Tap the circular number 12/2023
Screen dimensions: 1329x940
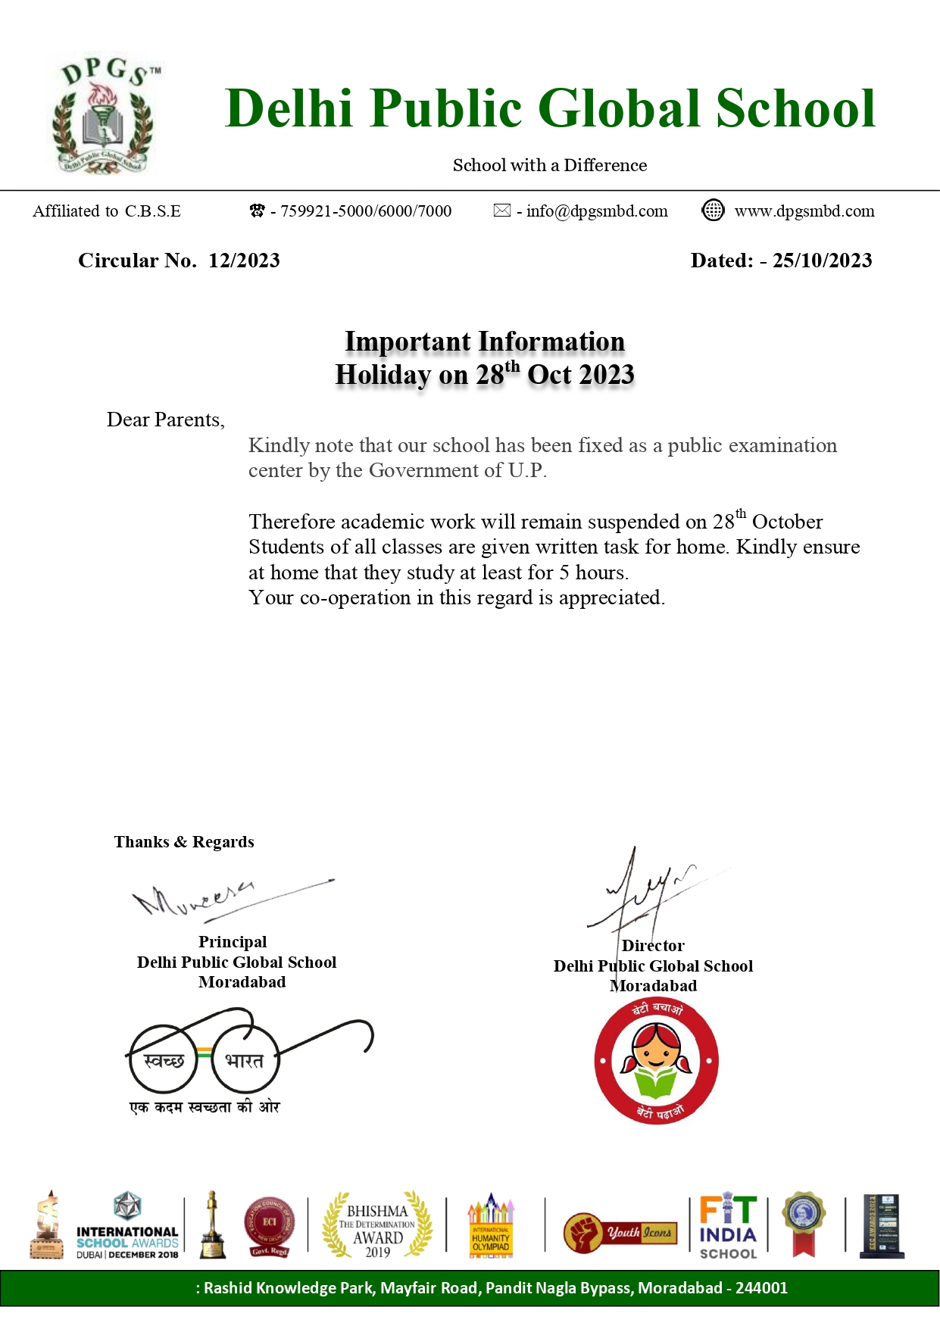pyautogui.click(x=244, y=260)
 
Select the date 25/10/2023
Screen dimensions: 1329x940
pyautogui.click(x=822, y=260)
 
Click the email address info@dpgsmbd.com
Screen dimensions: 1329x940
pyautogui.click(x=597, y=211)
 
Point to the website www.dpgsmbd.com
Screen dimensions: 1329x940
pyautogui.click(x=804, y=211)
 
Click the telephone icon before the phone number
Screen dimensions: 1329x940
pyautogui.click(x=258, y=211)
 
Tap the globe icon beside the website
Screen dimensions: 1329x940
pyautogui.click(x=713, y=211)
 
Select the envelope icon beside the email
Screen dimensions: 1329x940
pyautogui.click(x=501, y=211)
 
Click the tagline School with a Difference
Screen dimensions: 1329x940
pyautogui.click(x=550, y=165)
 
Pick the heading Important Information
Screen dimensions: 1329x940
pyautogui.click(x=485, y=342)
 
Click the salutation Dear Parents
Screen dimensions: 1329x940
pyautogui.click(x=165, y=420)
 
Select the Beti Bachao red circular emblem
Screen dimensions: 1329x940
pyautogui.click(x=656, y=1062)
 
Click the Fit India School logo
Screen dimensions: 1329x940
pyautogui.click(x=728, y=1227)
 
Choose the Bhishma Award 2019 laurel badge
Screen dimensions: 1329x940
pyautogui.click(x=377, y=1225)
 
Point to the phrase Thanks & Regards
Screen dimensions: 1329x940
pyautogui.click(x=184, y=842)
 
